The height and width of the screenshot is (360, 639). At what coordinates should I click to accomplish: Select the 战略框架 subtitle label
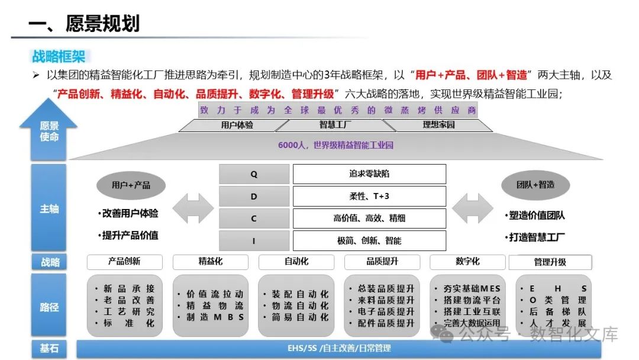pos(58,56)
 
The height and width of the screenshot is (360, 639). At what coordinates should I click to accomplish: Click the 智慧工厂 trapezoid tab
pos(335,125)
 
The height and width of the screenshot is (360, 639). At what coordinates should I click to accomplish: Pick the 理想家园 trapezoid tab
pos(438,125)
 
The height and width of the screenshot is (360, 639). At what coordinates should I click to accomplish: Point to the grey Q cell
pos(254,174)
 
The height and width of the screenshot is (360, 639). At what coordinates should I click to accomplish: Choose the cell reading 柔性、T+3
pos(369,196)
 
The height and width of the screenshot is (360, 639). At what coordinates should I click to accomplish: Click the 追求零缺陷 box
pos(369,174)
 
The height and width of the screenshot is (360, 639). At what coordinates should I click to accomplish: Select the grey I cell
pos(254,240)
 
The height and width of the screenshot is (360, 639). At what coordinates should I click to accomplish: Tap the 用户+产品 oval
pos(131,185)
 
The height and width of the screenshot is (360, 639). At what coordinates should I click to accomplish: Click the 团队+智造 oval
pos(535,185)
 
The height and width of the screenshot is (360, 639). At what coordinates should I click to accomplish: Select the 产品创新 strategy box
pos(124,262)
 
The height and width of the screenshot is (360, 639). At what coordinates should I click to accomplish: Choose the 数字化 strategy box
pos(467,262)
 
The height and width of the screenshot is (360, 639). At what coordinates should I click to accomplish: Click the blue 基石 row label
pos(49,349)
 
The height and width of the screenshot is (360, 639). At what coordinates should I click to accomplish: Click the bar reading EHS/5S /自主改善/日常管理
pos(338,349)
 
